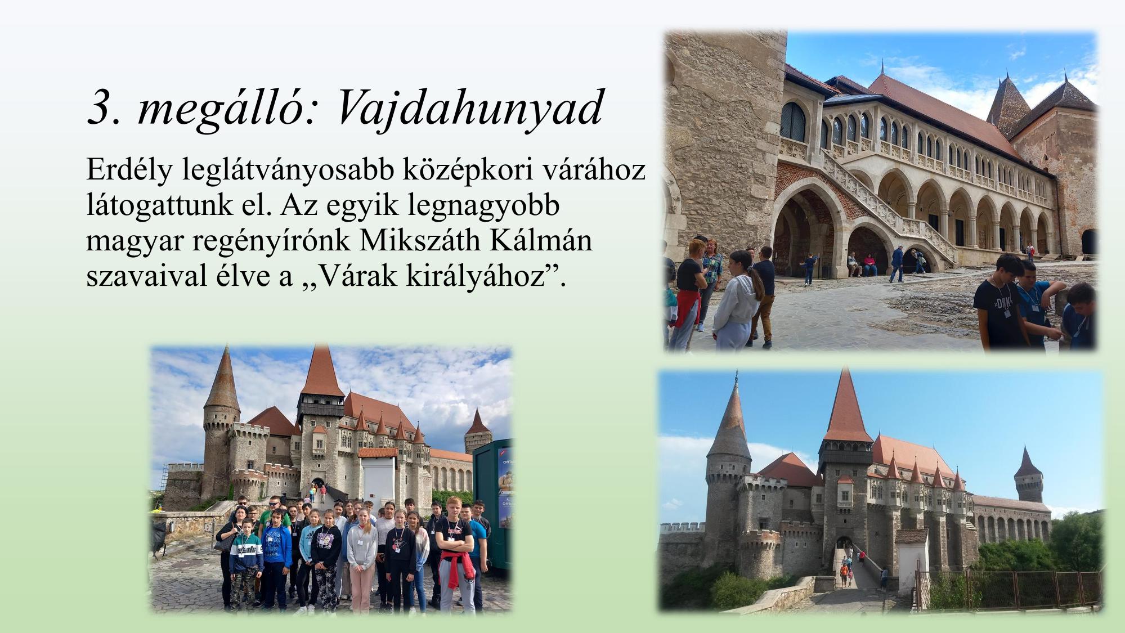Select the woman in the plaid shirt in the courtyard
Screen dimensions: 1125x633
click(710, 281)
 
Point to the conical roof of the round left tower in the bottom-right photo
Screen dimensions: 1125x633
click(730, 419)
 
